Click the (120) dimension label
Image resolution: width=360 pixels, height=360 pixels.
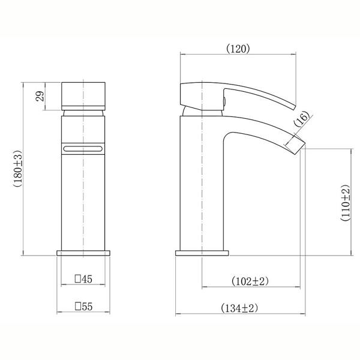238,49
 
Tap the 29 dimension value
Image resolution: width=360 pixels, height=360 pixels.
40,96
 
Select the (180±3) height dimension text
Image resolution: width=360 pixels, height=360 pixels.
18,169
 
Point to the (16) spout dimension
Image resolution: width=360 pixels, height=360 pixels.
302,119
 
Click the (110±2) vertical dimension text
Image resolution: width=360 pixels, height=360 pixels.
345,203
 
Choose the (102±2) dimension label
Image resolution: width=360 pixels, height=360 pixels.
250,281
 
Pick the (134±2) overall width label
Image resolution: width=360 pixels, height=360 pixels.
239,308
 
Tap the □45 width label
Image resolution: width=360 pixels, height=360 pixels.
83,279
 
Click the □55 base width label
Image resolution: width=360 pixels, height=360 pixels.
83,307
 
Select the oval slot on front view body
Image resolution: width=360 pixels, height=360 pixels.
83,149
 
